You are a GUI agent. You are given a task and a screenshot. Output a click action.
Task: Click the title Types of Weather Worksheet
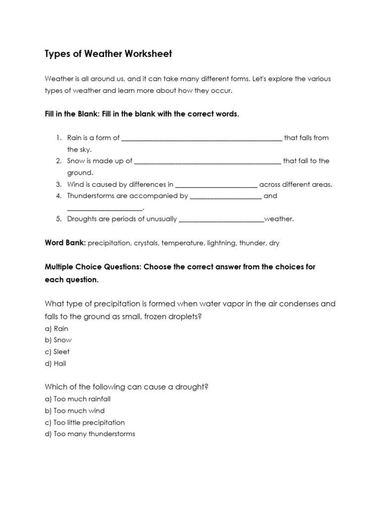(x=108, y=54)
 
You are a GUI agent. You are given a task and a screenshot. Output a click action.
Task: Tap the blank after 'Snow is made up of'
(x=207, y=162)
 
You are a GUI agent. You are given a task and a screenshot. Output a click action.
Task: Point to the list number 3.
(x=58, y=184)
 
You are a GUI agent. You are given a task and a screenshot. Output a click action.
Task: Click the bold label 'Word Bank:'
(x=65, y=243)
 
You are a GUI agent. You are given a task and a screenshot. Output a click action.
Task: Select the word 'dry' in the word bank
(x=274, y=243)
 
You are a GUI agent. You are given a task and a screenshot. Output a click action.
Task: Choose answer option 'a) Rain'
(x=57, y=328)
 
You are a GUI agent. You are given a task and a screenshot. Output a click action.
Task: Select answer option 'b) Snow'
(x=58, y=340)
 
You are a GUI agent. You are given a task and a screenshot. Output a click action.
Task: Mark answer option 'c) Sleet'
(x=57, y=352)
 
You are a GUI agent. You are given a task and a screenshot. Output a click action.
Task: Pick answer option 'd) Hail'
(x=56, y=364)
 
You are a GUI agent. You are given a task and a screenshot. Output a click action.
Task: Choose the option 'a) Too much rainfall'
(x=77, y=399)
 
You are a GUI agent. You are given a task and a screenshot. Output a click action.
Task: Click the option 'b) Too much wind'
(x=74, y=411)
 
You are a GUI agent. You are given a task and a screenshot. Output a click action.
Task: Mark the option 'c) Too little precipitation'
(x=84, y=423)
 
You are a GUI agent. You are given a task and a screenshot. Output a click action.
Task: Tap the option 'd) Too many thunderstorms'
(x=90, y=434)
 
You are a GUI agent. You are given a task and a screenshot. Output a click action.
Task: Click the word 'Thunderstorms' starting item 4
(x=90, y=196)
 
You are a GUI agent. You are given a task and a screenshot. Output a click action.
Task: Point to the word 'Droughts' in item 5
(x=82, y=219)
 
